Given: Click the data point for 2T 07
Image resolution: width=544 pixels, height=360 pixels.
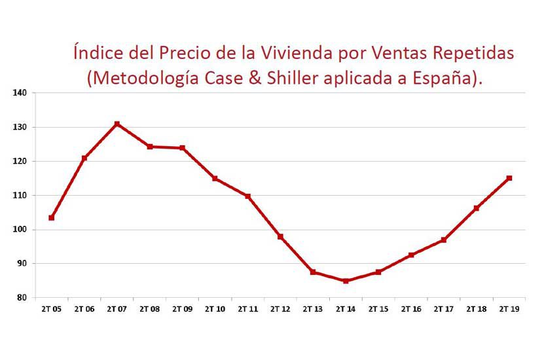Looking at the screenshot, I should (117, 124).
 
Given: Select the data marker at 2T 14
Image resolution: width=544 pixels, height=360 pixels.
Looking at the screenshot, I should (346, 281).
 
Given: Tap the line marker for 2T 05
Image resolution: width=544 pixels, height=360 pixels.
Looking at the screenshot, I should (51, 217).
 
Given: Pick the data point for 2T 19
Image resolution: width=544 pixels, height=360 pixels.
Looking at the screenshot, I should (509, 178).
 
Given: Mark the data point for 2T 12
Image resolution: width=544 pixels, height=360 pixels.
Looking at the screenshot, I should (280, 236).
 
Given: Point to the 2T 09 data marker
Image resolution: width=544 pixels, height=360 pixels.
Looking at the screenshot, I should (182, 148).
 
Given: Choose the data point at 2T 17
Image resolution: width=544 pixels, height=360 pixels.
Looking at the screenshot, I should (444, 240).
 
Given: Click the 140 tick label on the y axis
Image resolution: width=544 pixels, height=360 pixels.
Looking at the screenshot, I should (20, 93).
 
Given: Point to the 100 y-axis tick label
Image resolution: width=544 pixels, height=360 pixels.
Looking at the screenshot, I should (20, 230).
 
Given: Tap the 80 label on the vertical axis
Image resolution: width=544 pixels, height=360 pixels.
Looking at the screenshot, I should (22, 298).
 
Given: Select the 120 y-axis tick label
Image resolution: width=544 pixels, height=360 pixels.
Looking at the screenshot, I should (20, 161).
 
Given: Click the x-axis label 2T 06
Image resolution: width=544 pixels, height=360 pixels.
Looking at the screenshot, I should (84, 309).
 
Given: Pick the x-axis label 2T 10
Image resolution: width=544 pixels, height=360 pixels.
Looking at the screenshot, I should (215, 309).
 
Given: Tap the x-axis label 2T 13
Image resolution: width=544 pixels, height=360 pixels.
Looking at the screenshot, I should (313, 309).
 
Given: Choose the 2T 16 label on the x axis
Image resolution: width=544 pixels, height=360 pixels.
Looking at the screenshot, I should (411, 309).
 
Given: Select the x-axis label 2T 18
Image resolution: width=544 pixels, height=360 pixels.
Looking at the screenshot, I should (477, 309).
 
